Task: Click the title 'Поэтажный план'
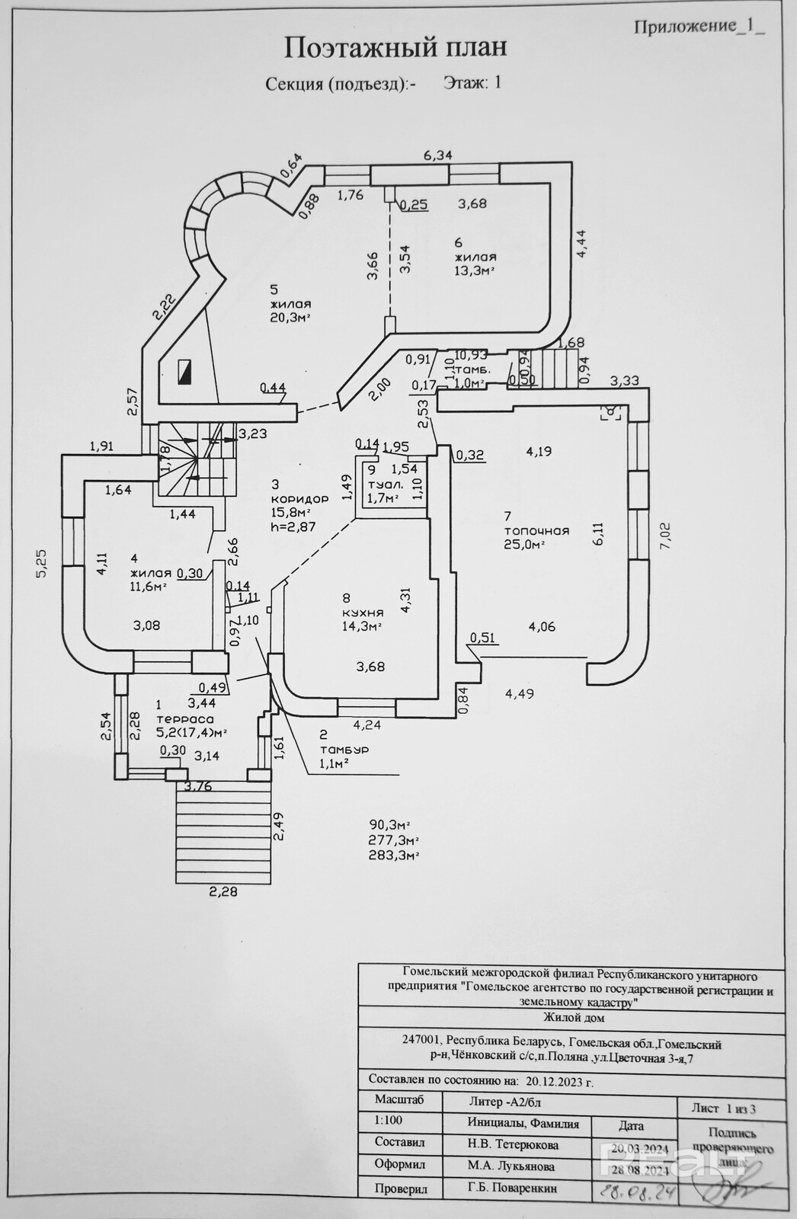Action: (395, 48)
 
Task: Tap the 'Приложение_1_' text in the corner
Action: (698, 26)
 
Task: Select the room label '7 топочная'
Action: (536, 524)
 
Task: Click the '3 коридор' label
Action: (299, 492)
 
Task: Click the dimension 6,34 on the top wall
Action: (438, 155)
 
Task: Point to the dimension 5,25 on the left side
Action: (43, 564)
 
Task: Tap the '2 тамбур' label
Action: (344, 743)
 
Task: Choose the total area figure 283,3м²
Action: (395, 855)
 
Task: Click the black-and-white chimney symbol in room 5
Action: (184, 372)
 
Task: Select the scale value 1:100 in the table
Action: (389, 1121)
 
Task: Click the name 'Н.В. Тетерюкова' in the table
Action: (513, 1144)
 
